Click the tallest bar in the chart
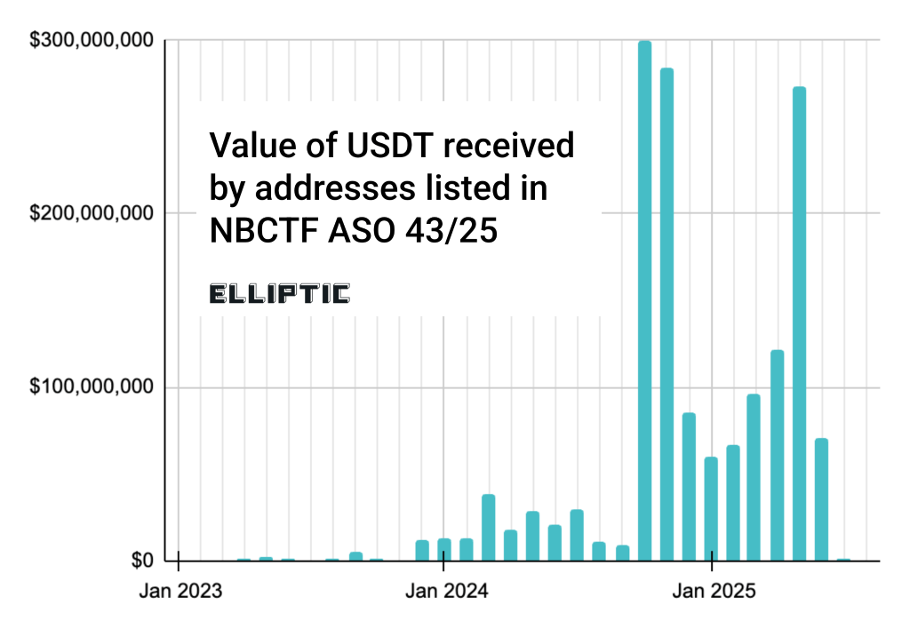coord(644,301)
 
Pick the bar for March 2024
coord(488,528)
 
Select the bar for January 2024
coord(444,550)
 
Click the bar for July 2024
coord(577,535)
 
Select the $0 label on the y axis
coord(141,561)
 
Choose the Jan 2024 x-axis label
coord(443,590)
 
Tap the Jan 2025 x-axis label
coord(712,590)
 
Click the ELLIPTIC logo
coord(280,294)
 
